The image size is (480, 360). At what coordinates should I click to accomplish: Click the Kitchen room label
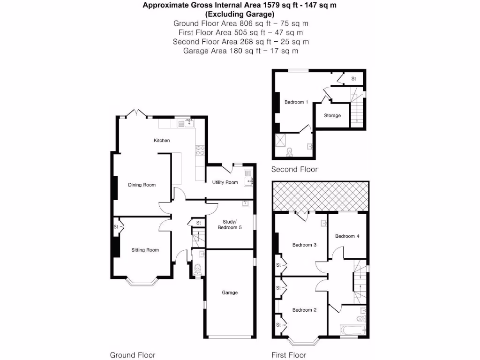[162, 141]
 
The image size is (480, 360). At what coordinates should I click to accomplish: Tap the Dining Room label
[142, 185]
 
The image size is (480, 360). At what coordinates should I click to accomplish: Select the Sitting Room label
[145, 250]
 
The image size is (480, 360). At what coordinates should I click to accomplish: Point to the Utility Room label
[225, 182]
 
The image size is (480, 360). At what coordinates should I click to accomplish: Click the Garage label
[230, 293]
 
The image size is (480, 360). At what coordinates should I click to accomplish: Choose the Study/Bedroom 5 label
[230, 225]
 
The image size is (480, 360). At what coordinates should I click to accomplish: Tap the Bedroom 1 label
[296, 102]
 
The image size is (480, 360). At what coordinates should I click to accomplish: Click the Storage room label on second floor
[332, 116]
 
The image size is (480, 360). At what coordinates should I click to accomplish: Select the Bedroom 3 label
[305, 245]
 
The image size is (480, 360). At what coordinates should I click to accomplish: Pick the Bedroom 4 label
[347, 236]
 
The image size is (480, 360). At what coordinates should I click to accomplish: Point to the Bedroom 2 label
[305, 310]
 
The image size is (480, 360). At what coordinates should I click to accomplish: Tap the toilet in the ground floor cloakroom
[197, 270]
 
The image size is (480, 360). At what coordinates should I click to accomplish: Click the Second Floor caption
[294, 170]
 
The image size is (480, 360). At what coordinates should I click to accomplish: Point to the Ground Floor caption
[133, 355]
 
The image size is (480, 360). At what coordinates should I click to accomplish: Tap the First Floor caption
[289, 355]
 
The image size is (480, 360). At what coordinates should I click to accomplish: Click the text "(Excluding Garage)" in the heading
[240, 14]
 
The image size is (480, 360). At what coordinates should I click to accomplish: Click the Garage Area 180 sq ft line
[240, 51]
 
